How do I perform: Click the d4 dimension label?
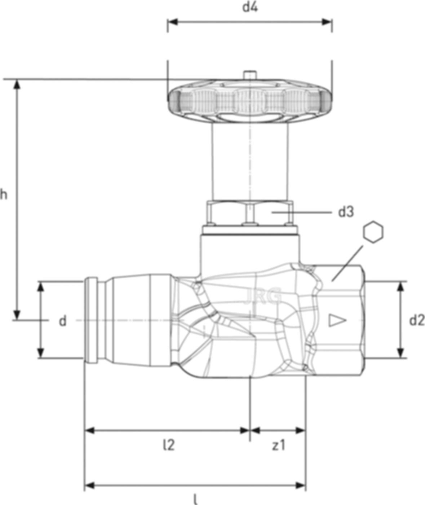pyautogui.click(x=249, y=8)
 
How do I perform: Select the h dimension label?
pyautogui.click(x=4, y=195)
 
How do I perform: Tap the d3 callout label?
pyautogui.click(x=346, y=212)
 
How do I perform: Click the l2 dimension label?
pyautogui.click(x=168, y=445)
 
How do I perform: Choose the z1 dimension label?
pyautogui.click(x=278, y=445)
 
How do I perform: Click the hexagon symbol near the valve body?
pyautogui.click(x=373, y=232)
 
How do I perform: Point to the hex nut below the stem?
pyautogui.click(x=249, y=213)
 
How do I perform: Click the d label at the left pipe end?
pyautogui.click(x=63, y=321)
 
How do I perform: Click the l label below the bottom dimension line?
pyautogui.click(x=195, y=500)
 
